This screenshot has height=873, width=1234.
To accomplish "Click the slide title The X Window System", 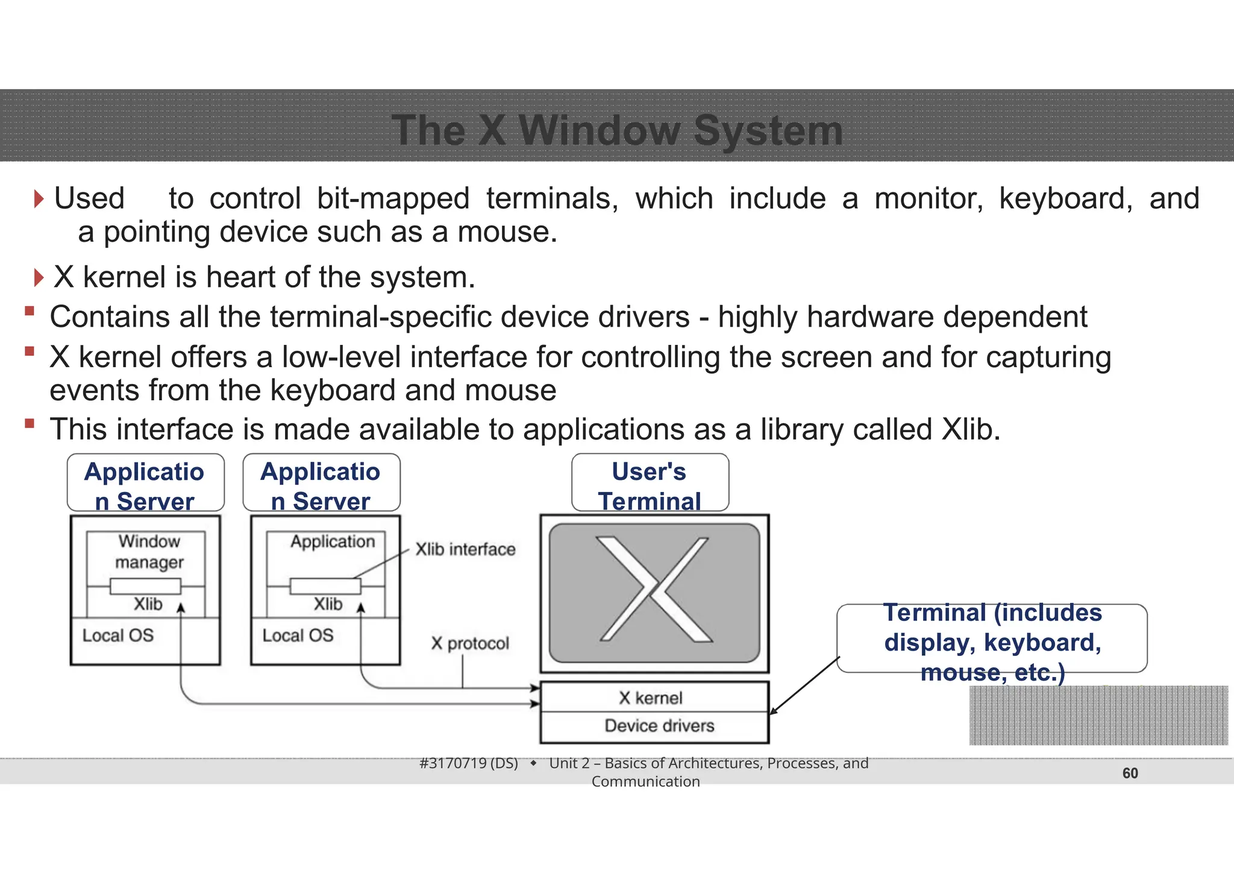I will [x=617, y=130].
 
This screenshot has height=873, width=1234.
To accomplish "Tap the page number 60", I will [x=1130, y=773].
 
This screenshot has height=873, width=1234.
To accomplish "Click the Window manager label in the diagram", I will [x=149, y=552].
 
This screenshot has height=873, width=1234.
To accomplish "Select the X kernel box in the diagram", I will [x=654, y=698].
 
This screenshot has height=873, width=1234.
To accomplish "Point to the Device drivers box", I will [x=659, y=726].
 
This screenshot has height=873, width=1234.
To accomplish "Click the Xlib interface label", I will [x=465, y=549].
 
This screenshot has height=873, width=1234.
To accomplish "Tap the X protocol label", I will [x=470, y=643].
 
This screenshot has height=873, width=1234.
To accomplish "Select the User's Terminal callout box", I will [x=650, y=483].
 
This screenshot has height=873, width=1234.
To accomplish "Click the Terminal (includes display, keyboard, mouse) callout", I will [x=992, y=639].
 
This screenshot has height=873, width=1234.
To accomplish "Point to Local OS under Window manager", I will [x=118, y=635].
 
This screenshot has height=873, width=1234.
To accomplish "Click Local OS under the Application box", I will [x=298, y=635].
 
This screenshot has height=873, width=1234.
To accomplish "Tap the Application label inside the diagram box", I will [x=333, y=541].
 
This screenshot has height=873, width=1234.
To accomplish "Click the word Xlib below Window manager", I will [x=148, y=604].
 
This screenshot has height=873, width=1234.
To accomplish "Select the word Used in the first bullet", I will [x=89, y=198].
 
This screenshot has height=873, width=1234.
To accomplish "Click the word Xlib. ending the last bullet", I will [x=970, y=429].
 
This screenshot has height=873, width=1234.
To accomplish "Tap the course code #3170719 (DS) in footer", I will [x=468, y=763].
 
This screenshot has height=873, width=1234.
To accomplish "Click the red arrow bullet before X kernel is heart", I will [x=39, y=278].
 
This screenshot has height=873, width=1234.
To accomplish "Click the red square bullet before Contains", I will [x=29, y=311].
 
